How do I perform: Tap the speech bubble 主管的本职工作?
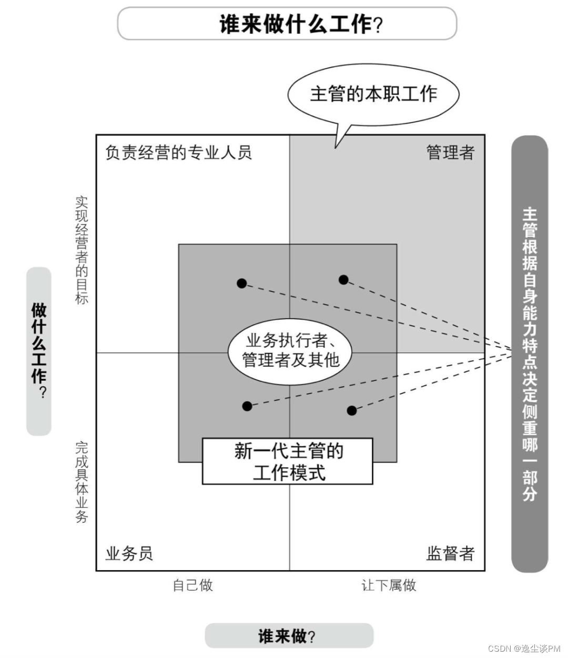[373, 94]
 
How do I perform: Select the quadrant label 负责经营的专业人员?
[178, 153]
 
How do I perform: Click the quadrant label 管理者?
[450, 153]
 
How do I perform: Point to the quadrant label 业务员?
[129, 553]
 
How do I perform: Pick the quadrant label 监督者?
[450, 553]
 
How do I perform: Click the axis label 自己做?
[193, 585]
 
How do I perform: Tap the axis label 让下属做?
[389, 585]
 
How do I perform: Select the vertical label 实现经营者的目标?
[82, 250]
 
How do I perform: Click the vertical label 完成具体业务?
[82, 482]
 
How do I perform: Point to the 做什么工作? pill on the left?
[39, 351]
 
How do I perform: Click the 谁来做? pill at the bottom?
[289, 636]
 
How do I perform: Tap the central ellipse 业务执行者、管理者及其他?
[290, 350]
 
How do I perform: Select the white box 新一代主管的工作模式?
[288, 461]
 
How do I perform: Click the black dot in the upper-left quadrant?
[241, 283]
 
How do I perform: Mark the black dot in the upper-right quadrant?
[343, 280]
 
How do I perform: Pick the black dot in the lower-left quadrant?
[247, 406]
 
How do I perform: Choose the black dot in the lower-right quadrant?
[352, 410]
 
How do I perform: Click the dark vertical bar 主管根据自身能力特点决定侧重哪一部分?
[530, 353]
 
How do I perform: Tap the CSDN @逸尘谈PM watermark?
[524, 649]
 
